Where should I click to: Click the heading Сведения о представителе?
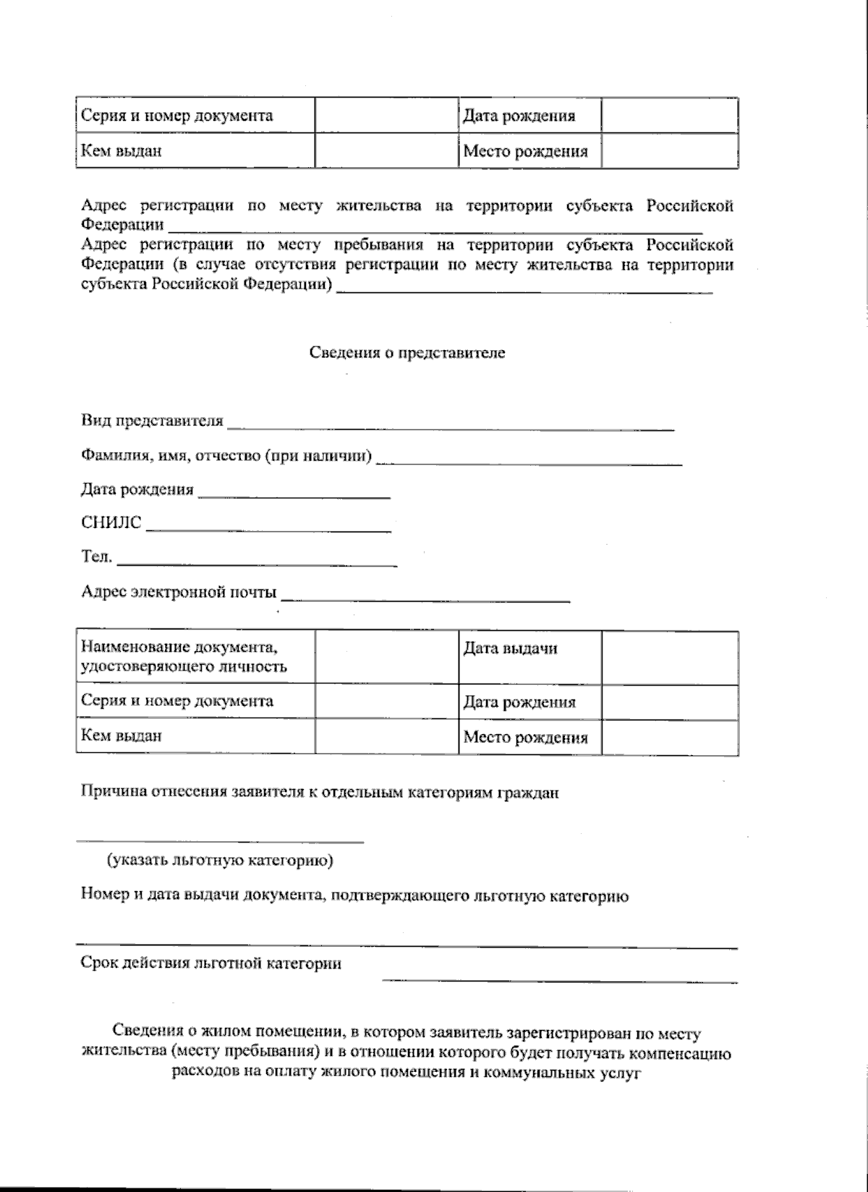[x=407, y=353]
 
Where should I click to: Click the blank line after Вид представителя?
[x=450, y=427]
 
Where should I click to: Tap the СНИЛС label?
[x=111, y=523]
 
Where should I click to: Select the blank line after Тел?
[x=257, y=562]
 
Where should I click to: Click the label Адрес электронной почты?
[x=179, y=593]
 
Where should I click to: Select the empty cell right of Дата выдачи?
[x=670, y=657]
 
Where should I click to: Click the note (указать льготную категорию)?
[x=221, y=861]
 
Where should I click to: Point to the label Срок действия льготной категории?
[x=210, y=963]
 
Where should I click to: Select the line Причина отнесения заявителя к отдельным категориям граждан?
[x=320, y=792]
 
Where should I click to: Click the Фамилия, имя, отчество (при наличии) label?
[x=226, y=456]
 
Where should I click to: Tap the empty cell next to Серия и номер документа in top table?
[x=386, y=116]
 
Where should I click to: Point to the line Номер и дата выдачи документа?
[x=354, y=896]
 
